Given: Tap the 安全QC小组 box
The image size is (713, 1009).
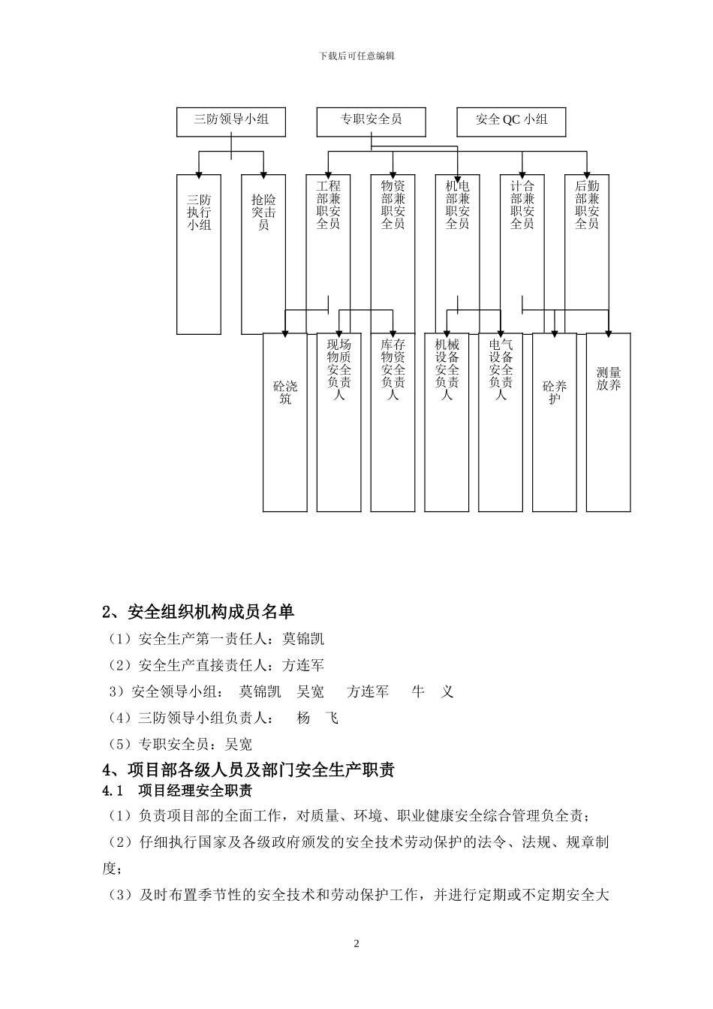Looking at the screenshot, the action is [x=511, y=119].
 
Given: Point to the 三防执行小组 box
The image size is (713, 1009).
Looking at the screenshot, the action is [x=199, y=212].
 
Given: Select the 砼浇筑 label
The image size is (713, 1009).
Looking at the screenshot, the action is [x=285, y=393].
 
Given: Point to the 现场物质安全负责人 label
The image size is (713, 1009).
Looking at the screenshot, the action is [x=339, y=369].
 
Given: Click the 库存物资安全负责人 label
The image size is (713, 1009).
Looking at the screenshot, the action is [x=393, y=369].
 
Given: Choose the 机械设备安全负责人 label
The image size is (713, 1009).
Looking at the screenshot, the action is [x=447, y=369].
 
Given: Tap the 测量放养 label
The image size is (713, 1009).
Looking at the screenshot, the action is [x=609, y=379].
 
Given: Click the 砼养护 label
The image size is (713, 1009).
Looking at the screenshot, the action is [x=555, y=393].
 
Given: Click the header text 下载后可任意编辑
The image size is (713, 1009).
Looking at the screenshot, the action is [x=356, y=56].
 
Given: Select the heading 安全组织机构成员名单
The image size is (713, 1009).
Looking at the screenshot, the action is [x=198, y=612].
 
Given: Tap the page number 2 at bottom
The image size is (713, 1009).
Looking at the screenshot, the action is [x=356, y=944].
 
